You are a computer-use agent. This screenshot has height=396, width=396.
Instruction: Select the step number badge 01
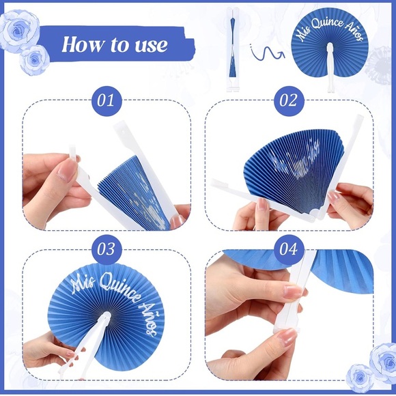tap(106, 101)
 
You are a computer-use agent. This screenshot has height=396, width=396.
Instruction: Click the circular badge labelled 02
tap(288, 101)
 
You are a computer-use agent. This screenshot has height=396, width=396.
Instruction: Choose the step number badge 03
tap(106, 249)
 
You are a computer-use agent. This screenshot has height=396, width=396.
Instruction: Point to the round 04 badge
tap(288, 249)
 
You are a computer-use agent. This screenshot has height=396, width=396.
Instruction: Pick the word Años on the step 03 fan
tap(152, 319)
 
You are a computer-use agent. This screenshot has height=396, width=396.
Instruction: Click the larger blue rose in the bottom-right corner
tap(382, 358)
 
